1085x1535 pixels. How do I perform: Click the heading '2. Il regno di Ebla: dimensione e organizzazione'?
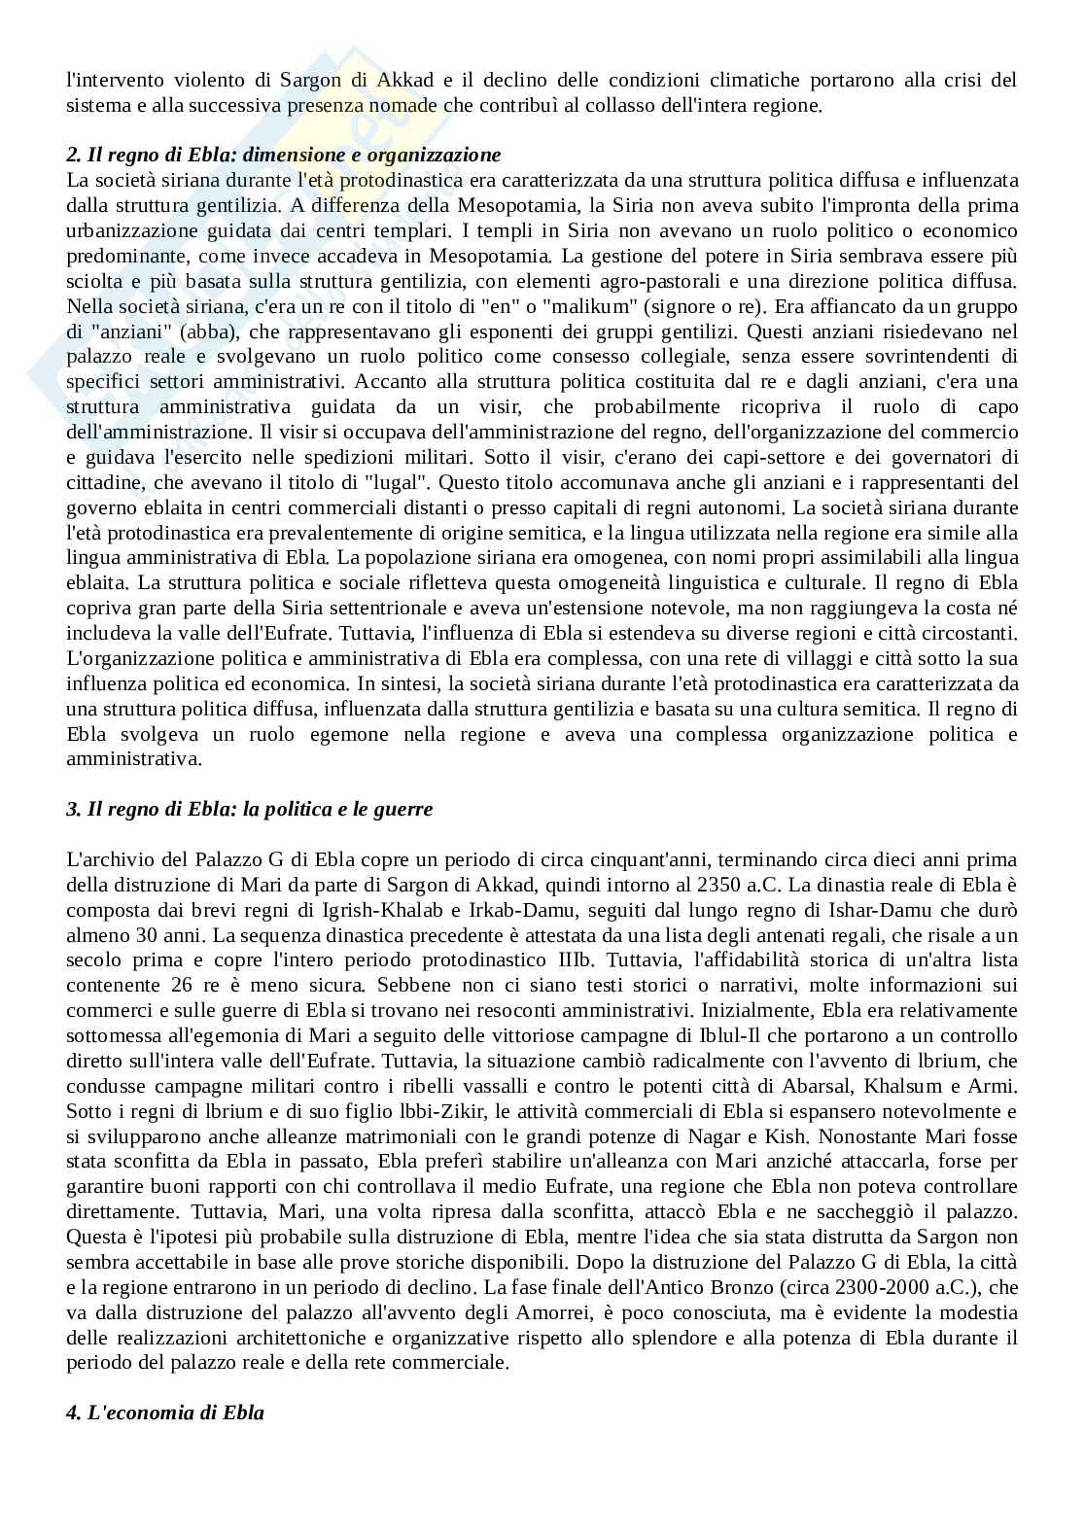click(283, 155)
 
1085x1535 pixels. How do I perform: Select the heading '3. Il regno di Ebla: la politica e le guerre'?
click(249, 809)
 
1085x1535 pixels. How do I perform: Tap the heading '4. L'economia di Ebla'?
click(165, 1413)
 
